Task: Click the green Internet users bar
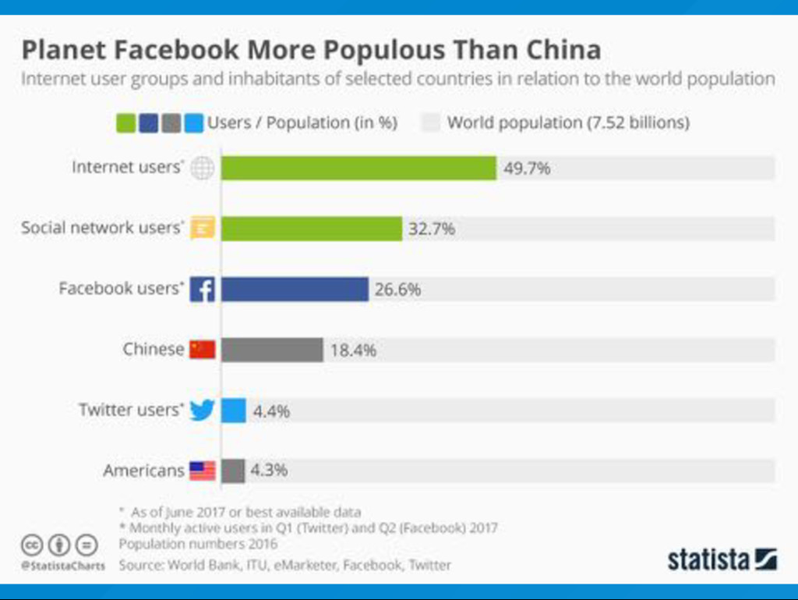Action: click(x=358, y=168)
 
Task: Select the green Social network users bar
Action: click(x=312, y=229)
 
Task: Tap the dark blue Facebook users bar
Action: click(x=295, y=289)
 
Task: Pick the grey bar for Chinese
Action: click(x=272, y=350)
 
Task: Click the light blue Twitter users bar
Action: click(x=234, y=410)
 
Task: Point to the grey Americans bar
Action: click(x=233, y=470)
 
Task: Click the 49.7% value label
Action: click(x=527, y=168)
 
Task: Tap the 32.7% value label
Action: click(x=432, y=229)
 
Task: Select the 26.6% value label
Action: click(x=397, y=289)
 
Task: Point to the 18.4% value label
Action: click(x=353, y=350)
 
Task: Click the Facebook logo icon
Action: click(x=202, y=289)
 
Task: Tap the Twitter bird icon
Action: click(x=202, y=410)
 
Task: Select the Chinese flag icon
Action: click(x=202, y=349)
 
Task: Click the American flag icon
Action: click(x=202, y=470)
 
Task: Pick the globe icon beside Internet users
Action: click(x=202, y=168)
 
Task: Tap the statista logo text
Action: click(x=708, y=559)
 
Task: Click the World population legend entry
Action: click(x=556, y=122)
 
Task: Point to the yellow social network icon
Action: click(x=202, y=229)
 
